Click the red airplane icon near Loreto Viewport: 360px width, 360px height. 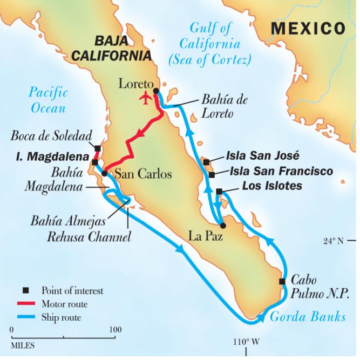click(x=145, y=99)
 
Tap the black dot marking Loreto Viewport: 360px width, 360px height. click(x=156, y=91)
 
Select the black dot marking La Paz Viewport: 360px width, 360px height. click(x=223, y=226)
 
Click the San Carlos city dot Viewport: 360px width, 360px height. click(x=104, y=173)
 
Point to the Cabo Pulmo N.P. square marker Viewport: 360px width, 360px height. click(x=282, y=281)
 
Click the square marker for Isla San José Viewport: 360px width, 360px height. click(x=206, y=161)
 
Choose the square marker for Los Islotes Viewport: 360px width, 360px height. click(x=219, y=192)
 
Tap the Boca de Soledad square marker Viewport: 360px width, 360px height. click(x=98, y=148)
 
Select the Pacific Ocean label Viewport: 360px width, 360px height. click(x=49, y=99)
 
